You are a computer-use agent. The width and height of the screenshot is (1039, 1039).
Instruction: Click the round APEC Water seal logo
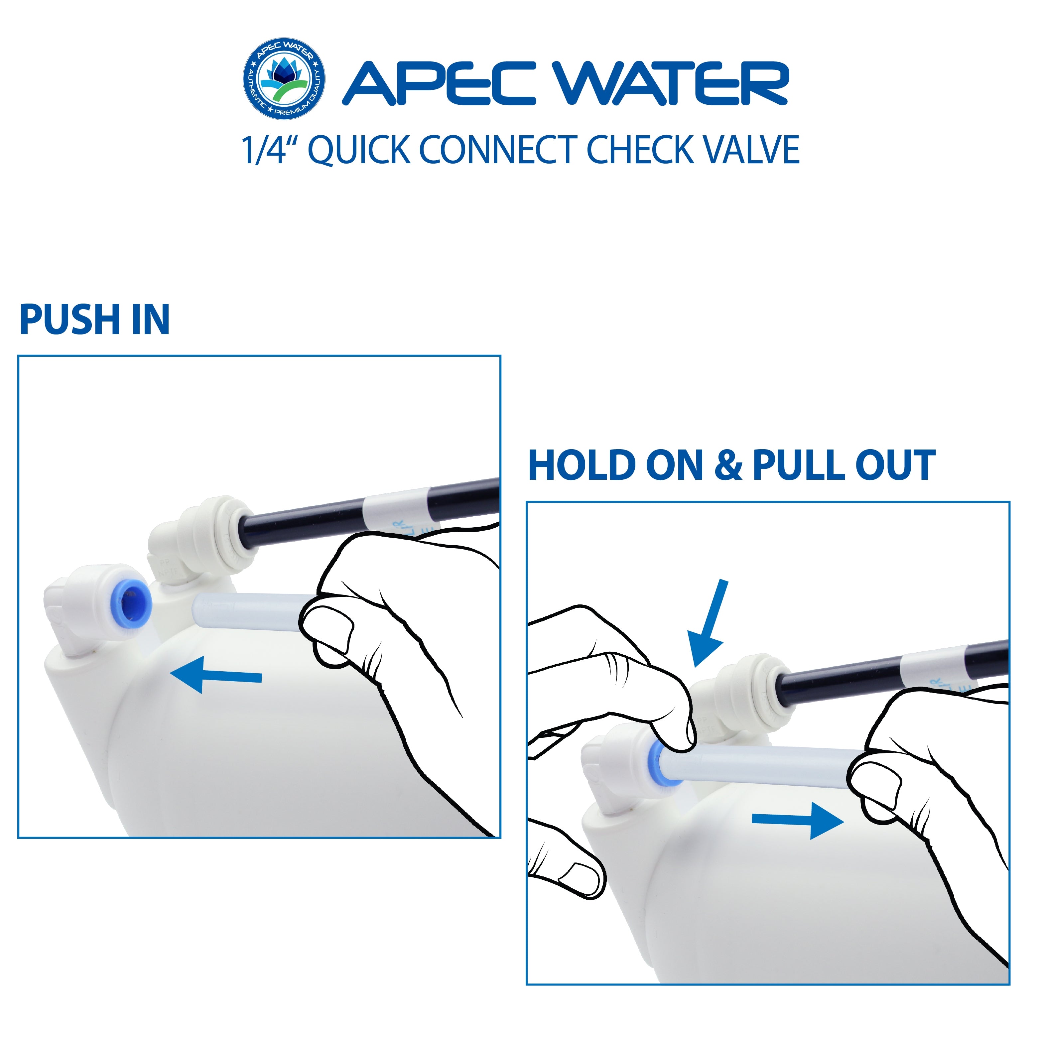pos(284,79)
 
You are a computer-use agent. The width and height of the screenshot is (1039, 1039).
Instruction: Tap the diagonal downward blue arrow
pos(710,624)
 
